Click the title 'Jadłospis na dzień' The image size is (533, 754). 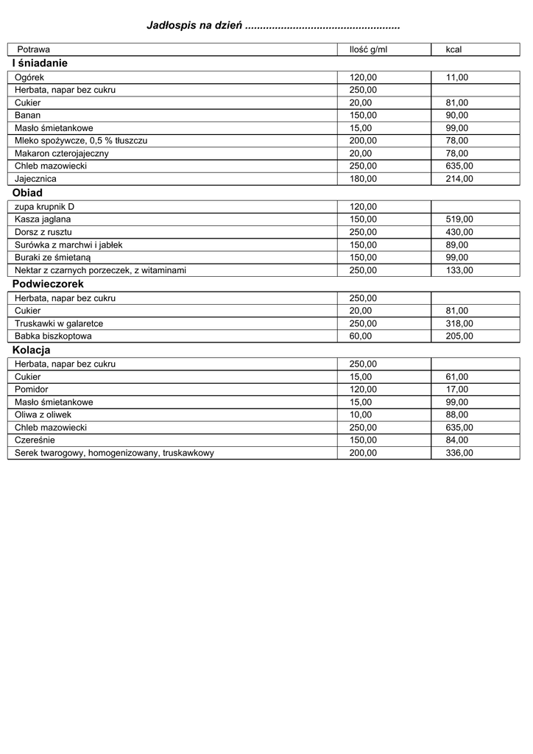pos(195,27)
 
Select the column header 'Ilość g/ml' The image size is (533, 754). pos(367,49)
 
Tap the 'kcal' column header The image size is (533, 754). pos(454,49)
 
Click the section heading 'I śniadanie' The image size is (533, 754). pos(40,63)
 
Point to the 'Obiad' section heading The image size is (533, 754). pos(28,193)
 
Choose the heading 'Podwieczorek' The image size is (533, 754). pos(48,284)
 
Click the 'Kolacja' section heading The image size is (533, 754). pos(31,350)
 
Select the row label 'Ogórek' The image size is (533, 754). pos(29,77)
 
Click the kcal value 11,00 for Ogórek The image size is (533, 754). pos(456,77)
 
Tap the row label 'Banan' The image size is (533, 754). pos(28,116)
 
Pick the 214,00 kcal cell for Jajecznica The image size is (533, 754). pos(459,179)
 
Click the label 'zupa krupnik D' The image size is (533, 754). pos(44,207)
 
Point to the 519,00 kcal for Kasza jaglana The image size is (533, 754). pos(459,219)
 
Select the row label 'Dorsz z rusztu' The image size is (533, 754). pos(43,232)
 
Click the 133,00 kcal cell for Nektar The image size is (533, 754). pos(459,270)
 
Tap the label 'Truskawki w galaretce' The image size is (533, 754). pos(59,323)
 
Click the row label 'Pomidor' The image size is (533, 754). pos(31,390)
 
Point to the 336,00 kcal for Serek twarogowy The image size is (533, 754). pos(459,453)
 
